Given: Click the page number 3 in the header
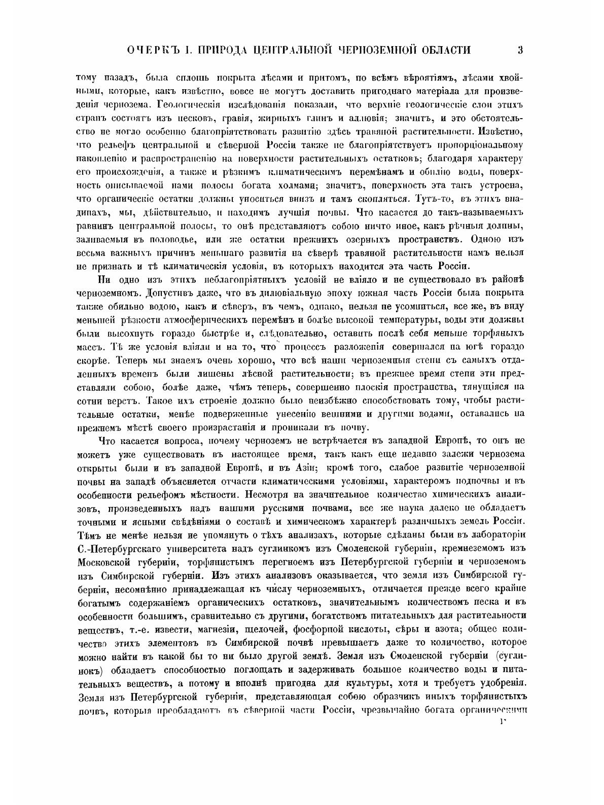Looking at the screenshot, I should pyautogui.click(x=519, y=50).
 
